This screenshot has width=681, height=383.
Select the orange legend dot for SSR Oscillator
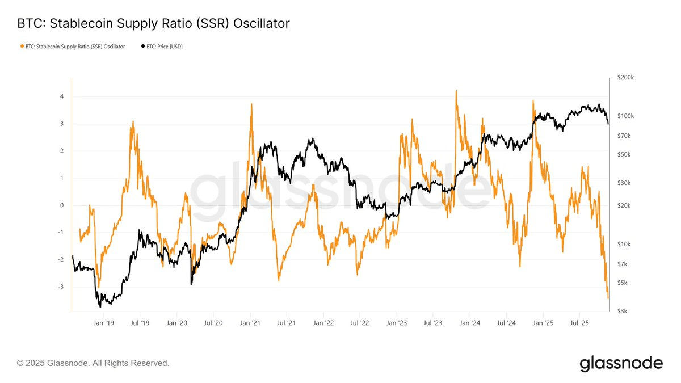[22, 47]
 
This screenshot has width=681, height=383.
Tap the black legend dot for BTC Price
[142, 47]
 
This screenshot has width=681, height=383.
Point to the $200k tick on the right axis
[625, 77]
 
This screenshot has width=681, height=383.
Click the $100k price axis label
[625, 116]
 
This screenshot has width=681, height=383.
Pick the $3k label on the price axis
[621, 311]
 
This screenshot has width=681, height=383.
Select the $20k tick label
[624, 205]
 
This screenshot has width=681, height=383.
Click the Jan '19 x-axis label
[103, 323]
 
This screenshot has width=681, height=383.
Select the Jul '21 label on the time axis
[287, 323]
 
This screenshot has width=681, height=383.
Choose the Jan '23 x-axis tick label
[397, 323]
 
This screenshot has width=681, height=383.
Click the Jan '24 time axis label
[470, 323]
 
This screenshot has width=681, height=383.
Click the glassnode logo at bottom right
[621, 363]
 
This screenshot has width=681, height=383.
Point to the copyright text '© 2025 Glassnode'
[93, 363]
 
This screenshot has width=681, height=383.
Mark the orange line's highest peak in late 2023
[456, 90]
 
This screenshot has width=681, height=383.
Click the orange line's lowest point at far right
[608, 298]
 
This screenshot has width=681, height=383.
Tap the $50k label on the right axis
[624, 154]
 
